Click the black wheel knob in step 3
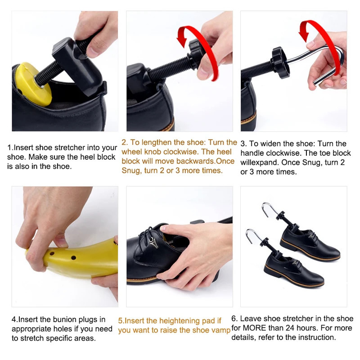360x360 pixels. (x=279, y=63)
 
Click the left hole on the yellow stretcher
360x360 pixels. (x=52, y=254)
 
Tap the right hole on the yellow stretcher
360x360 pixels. (x=73, y=257)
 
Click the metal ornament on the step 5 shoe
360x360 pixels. (x=153, y=243)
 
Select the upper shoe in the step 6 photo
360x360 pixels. (x=310, y=244)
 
